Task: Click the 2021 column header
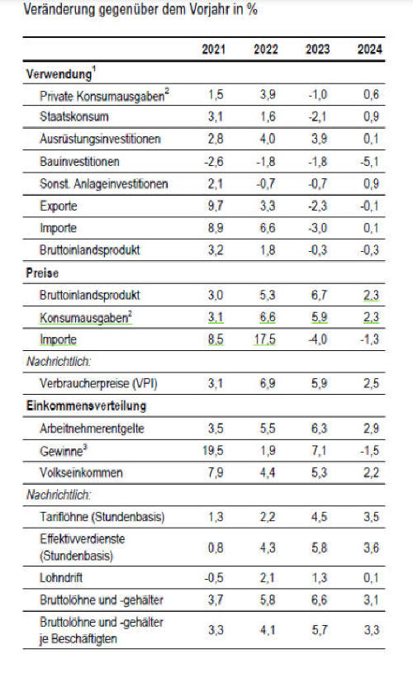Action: click(214, 50)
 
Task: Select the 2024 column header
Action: click(370, 50)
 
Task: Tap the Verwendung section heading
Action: click(59, 74)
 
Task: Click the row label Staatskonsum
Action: click(74, 116)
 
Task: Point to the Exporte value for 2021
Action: click(216, 206)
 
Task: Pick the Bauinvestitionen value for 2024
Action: click(370, 162)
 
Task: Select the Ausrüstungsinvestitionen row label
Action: click(100, 139)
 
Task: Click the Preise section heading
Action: click(42, 273)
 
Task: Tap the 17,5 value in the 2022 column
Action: click(264, 339)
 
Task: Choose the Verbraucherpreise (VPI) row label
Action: click(98, 383)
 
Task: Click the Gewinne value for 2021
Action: click(213, 451)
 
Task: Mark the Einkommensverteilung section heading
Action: click(86, 405)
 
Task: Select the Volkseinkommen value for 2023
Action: click(319, 472)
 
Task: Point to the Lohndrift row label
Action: click(61, 578)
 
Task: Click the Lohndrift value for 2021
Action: click(214, 578)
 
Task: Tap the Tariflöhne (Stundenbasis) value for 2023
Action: click(319, 517)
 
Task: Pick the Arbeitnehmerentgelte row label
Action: click(93, 429)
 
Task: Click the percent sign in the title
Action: click(252, 9)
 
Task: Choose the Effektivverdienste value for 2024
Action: click(371, 548)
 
